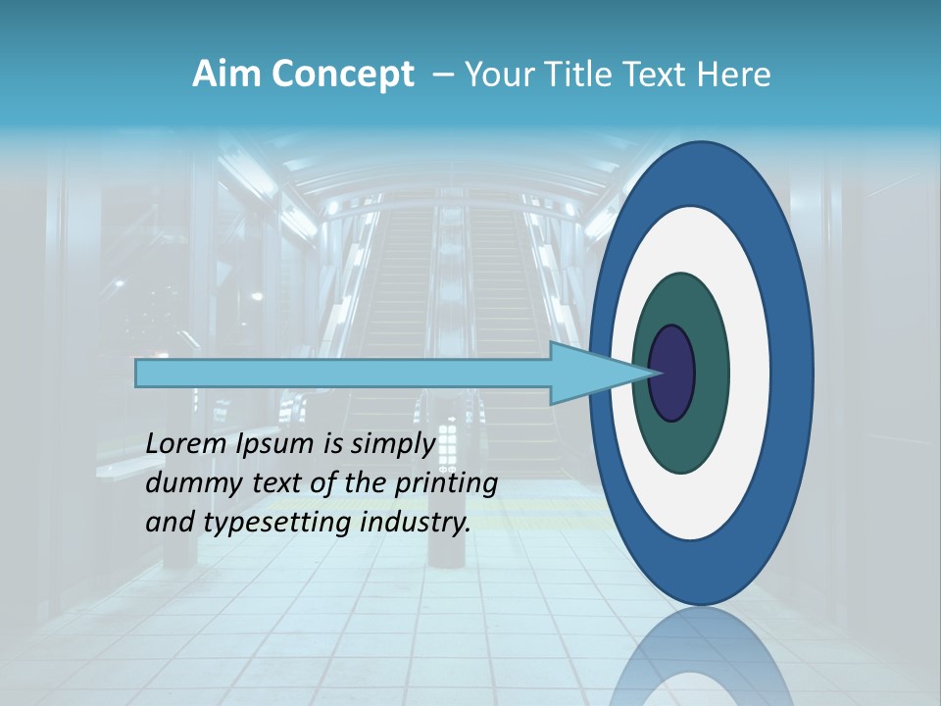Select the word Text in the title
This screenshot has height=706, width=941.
(x=651, y=75)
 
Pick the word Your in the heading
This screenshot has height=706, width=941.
(x=496, y=75)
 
